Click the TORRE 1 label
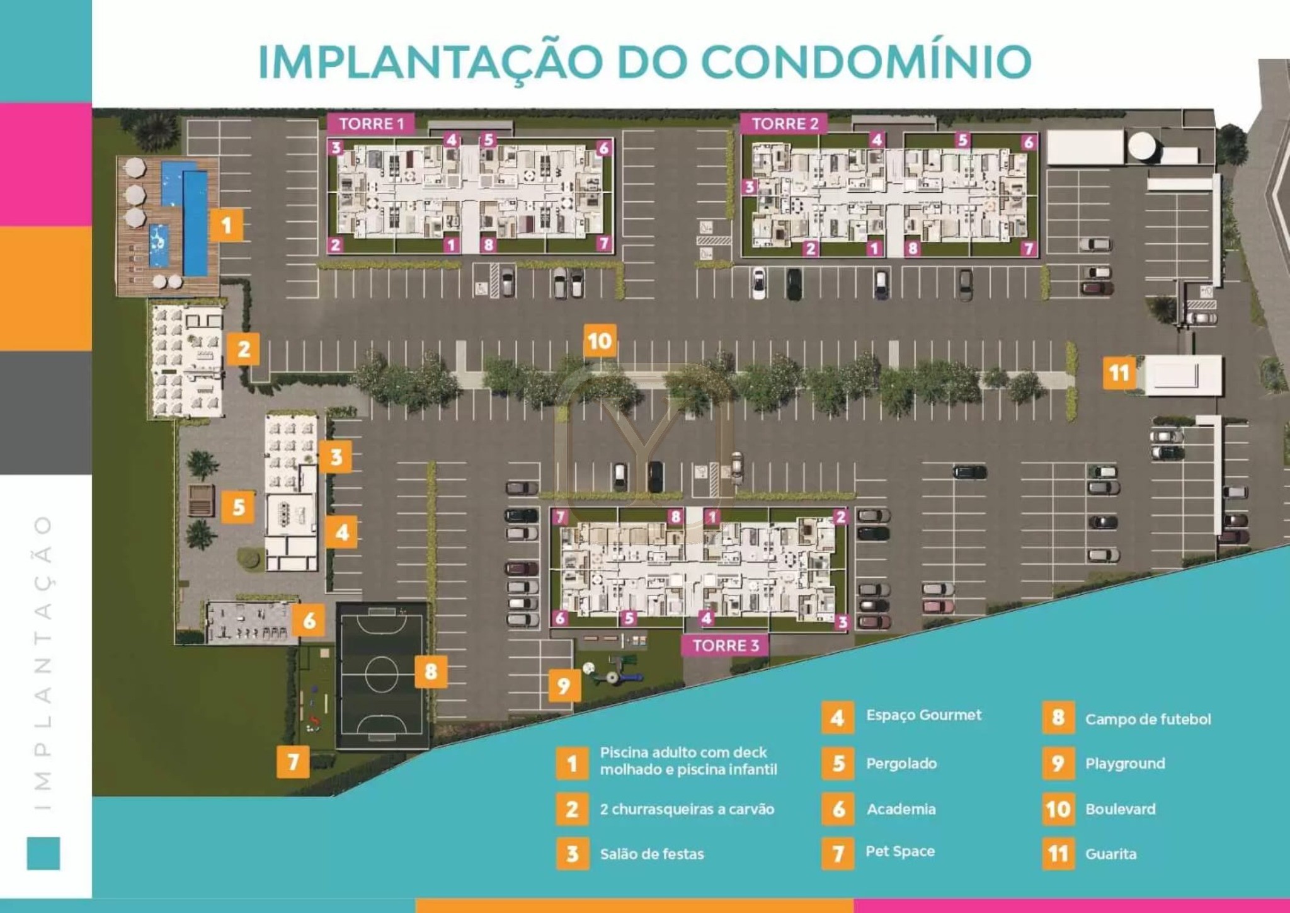pyautogui.click(x=371, y=123)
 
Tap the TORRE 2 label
pyautogui.click(x=784, y=123)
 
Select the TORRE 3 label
pyautogui.click(x=725, y=645)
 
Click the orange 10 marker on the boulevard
pyautogui.click(x=599, y=341)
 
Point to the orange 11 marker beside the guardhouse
pyautogui.click(x=1119, y=372)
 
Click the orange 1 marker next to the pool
pyautogui.click(x=226, y=225)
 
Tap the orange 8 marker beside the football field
pyautogui.click(x=431, y=671)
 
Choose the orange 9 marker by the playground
pyautogui.click(x=564, y=686)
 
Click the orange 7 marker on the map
pyautogui.click(x=293, y=762)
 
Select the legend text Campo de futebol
pyautogui.click(x=1148, y=720)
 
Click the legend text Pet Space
pyautogui.click(x=900, y=852)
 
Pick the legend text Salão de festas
pyautogui.click(x=652, y=854)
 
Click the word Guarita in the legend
pyautogui.click(x=1111, y=854)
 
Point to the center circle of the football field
pyautogui.click(x=381, y=674)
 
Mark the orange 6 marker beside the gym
pyautogui.click(x=309, y=621)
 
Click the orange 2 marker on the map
pyautogui.click(x=244, y=349)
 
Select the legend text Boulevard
pyautogui.click(x=1121, y=809)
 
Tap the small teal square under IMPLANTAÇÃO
pyautogui.click(x=43, y=853)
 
